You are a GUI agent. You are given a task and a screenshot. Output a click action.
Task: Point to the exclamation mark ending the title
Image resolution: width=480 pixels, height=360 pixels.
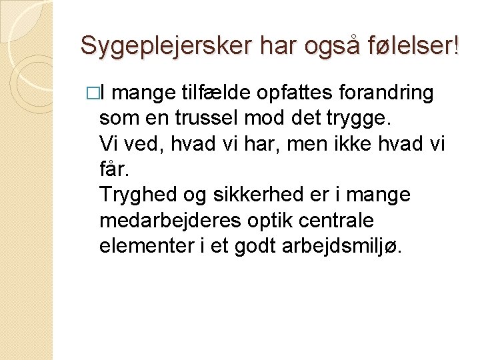click(456, 45)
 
